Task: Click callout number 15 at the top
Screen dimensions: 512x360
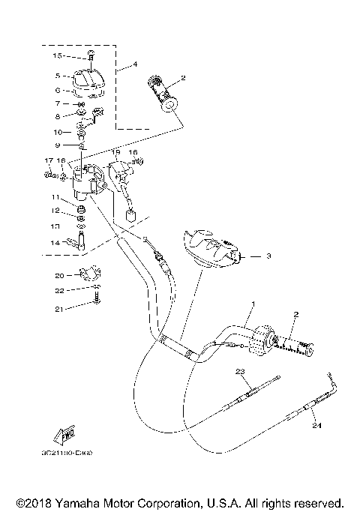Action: pyautogui.click(x=57, y=56)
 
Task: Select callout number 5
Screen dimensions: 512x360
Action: pyautogui.click(x=57, y=76)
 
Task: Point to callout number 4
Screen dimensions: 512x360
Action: pyautogui.click(x=135, y=65)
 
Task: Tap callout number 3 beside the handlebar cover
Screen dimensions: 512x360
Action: pyautogui.click(x=266, y=256)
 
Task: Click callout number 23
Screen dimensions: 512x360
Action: pyautogui.click(x=240, y=372)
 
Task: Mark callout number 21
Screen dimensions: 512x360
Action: pyautogui.click(x=58, y=308)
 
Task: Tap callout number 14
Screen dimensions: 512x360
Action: pyautogui.click(x=55, y=242)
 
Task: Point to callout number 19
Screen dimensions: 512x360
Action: pyautogui.click(x=115, y=151)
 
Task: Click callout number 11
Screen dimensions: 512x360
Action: pyautogui.click(x=55, y=196)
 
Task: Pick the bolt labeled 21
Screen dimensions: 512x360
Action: pyautogui.click(x=96, y=301)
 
